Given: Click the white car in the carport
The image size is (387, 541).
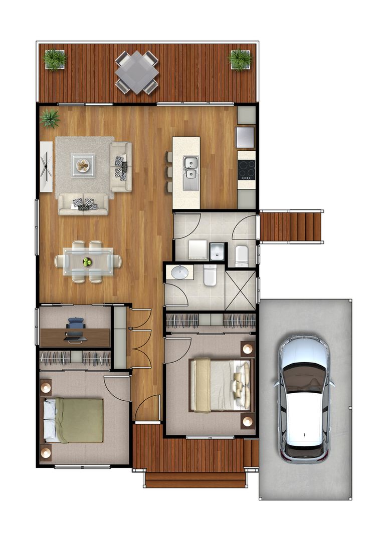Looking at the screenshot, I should (x=305, y=398).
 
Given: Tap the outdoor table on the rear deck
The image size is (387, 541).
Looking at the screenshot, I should (x=137, y=72).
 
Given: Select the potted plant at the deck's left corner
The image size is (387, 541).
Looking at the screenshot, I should (x=55, y=60).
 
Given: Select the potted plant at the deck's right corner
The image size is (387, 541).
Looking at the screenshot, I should (x=240, y=60).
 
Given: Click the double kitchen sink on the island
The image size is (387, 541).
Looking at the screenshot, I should (x=190, y=167).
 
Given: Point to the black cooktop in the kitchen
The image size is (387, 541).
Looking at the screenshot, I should (x=246, y=169).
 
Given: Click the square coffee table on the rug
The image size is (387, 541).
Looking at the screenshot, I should (x=83, y=165).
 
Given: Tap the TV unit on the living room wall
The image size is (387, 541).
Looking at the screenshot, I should (x=46, y=166).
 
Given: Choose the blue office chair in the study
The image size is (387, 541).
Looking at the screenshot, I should (x=75, y=329).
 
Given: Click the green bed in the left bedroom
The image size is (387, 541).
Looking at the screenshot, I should (x=75, y=420).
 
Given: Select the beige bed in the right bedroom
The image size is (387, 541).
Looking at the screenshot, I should (x=221, y=385).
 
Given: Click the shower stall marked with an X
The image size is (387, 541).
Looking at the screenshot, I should (x=241, y=290).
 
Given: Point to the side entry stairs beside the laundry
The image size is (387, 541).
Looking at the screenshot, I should (x=291, y=227).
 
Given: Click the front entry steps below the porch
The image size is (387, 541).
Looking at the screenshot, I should (x=196, y=480).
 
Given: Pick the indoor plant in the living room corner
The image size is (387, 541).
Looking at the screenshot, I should (x=50, y=119).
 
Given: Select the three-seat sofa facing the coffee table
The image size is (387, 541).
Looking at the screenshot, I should (x=83, y=204).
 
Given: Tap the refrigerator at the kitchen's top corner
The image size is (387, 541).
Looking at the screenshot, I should (x=245, y=137).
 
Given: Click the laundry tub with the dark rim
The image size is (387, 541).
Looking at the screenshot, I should (x=217, y=251).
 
